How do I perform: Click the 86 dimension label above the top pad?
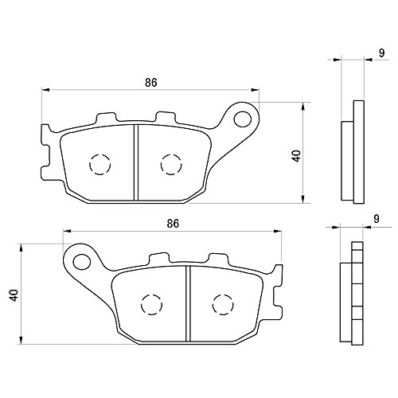[x=151, y=83]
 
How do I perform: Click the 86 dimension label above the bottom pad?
[x=173, y=224]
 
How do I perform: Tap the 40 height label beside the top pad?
[x=296, y=156]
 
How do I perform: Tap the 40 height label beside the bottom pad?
[x=14, y=295]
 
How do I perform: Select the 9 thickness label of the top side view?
[x=381, y=53]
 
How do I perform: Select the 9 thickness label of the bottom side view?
[x=377, y=218]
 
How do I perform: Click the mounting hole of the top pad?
[x=243, y=119]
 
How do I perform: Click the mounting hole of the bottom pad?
[x=82, y=261]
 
